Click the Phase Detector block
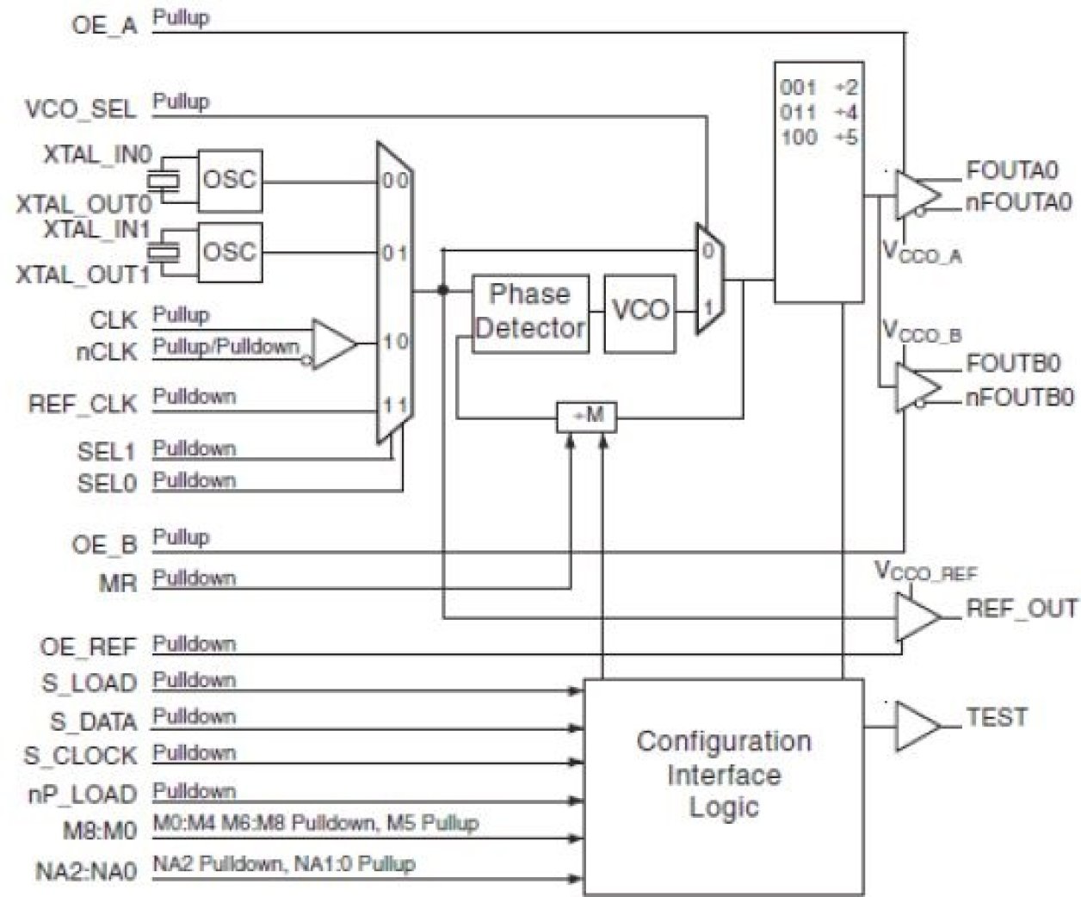coord(530,312)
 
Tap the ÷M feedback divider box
coord(587,417)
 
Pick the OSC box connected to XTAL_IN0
coord(230,181)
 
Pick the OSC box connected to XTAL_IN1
coord(230,252)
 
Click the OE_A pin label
coord(104,25)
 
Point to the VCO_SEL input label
coord(81,109)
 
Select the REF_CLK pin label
coord(83,404)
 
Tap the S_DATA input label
coord(93,721)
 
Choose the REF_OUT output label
coord(1022,609)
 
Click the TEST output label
coord(997,717)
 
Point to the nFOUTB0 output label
coord(1020,399)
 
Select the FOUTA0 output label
coord(1011,170)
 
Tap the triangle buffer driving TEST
coord(915,726)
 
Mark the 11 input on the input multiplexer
coord(395,405)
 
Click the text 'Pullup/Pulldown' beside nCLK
coord(225,347)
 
